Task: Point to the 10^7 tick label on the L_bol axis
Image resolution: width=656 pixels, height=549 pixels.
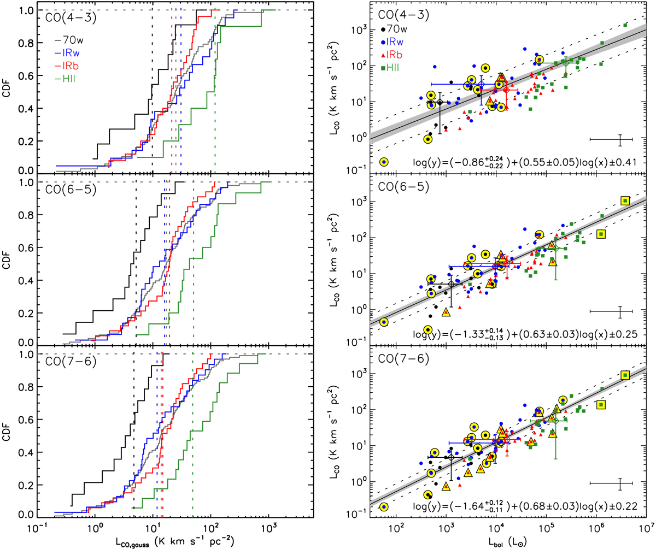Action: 646,528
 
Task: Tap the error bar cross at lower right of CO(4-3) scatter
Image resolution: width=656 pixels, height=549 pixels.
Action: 620,139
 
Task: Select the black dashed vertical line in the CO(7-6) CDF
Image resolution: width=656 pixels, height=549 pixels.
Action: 134,437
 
